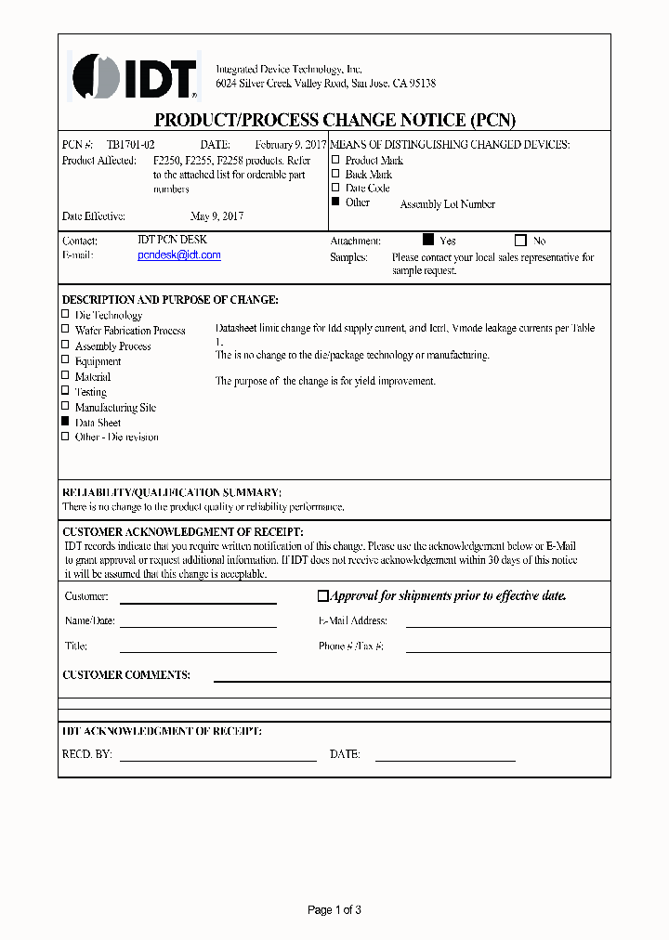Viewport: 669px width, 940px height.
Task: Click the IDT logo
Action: point(136,75)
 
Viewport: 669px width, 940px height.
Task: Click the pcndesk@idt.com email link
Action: point(179,255)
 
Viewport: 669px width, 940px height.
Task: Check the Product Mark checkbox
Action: point(336,160)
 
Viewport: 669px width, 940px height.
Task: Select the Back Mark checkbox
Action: point(336,174)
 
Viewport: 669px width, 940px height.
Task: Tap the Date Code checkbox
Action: point(336,188)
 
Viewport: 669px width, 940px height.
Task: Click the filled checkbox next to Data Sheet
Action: point(65,422)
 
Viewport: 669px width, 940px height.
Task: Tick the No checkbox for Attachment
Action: point(520,240)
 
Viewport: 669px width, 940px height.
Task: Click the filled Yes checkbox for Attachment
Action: point(428,240)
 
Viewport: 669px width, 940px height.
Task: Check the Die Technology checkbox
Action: point(65,315)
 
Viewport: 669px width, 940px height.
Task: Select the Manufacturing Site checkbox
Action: point(65,407)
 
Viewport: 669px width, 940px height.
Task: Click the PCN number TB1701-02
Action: point(131,145)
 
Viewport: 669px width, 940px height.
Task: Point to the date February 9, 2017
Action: point(290,145)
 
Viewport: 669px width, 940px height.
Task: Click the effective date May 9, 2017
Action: point(216,216)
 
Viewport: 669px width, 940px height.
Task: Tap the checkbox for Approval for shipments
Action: point(323,596)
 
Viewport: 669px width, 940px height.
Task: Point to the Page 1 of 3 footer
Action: point(334,910)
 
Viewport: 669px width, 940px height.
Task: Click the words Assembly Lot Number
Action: point(447,204)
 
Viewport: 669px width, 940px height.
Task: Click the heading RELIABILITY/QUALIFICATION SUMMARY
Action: point(172,492)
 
